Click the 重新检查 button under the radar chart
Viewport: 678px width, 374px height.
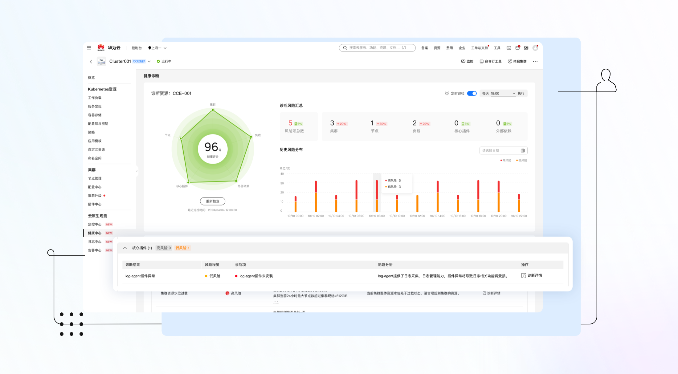pyautogui.click(x=212, y=201)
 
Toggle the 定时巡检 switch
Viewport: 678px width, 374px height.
pyautogui.click(x=472, y=93)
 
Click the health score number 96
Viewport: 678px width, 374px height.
pyautogui.click(x=211, y=147)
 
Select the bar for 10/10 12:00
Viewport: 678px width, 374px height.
pyautogui.click(x=417, y=203)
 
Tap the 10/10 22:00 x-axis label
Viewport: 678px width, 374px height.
pyautogui.click(x=519, y=216)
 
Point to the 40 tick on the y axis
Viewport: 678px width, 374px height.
pyautogui.click(x=282, y=174)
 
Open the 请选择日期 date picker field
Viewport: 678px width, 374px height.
pyautogui.click(x=503, y=151)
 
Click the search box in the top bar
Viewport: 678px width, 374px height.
pyautogui.click(x=377, y=48)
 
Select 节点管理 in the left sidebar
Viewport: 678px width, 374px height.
pyautogui.click(x=95, y=178)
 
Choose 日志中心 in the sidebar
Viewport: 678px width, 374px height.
pyautogui.click(x=95, y=242)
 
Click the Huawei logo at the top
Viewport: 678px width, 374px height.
pyautogui.click(x=101, y=47)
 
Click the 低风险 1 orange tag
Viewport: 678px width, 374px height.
pyautogui.click(x=182, y=248)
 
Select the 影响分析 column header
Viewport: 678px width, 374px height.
pyautogui.click(x=385, y=265)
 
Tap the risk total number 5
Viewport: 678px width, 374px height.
pyautogui.click(x=290, y=123)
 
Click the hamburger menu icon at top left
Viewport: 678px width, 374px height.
pyautogui.click(x=89, y=48)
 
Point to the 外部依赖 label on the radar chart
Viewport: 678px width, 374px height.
pyautogui.click(x=243, y=186)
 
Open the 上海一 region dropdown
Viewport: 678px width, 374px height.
pyautogui.click(x=157, y=48)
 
